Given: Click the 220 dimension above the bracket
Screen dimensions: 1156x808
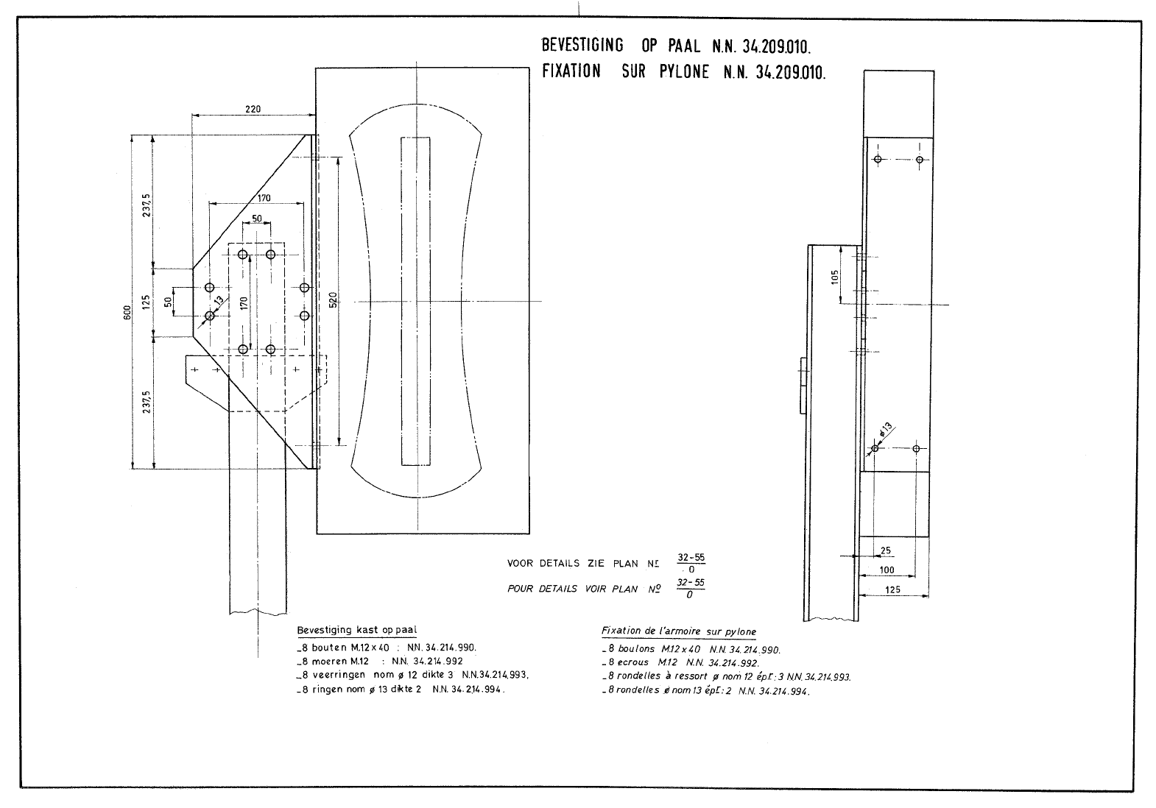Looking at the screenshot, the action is coord(253,109).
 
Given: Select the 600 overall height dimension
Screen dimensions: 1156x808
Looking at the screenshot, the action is coord(127,313).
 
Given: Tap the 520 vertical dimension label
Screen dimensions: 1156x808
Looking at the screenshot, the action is coord(333,300).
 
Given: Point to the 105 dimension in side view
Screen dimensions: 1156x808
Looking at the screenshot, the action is coord(834,277).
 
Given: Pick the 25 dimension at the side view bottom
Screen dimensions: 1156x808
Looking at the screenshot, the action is coord(886,550).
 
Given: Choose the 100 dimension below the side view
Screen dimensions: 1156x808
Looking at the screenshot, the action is coord(887,570).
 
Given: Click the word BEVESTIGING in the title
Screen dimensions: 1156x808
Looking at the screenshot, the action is coord(582,46).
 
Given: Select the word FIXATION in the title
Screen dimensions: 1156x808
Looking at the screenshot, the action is coord(571,71).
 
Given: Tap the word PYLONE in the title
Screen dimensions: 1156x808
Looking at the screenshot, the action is coord(684,71).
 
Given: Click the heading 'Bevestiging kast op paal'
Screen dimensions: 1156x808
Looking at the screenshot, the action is coord(356,630).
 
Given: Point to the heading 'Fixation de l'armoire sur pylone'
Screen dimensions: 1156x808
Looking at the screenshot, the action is coord(679,631).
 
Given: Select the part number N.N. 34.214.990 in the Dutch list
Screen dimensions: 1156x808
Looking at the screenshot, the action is coord(442,648).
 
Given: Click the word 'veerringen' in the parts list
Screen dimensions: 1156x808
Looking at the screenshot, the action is coord(339,675).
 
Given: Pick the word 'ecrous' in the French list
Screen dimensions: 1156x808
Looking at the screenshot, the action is coord(632,662).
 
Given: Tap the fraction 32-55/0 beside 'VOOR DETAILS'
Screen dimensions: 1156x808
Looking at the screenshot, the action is coord(691,563).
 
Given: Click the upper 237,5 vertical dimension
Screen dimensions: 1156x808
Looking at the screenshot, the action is coord(147,205).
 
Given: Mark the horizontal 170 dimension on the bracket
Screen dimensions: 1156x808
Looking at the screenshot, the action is coord(264,198).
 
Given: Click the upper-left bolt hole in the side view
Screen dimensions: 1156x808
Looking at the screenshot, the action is coord(878,160).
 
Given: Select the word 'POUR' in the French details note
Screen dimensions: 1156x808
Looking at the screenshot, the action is coord(520,589).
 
